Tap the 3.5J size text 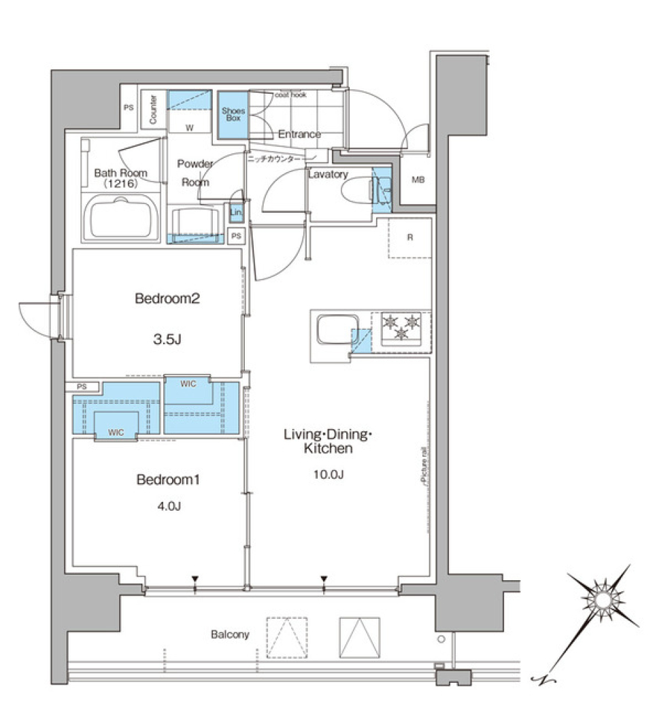[167, 339]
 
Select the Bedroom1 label [167, 480]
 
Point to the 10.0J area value [327, 473]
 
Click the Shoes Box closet [233, 114]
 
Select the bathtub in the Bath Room [120, 216]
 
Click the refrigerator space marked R [409, 238]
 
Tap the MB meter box [418, 180]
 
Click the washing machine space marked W [189, 127]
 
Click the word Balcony [229, 635]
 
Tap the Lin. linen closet [236, 212]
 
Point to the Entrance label [299, 134]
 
